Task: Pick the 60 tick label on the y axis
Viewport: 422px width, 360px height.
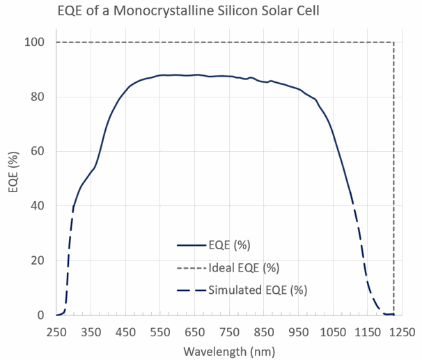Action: [38, 152]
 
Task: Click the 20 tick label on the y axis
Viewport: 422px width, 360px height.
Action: [38, 261]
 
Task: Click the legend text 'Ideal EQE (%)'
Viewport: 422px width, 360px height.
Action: [243, 267]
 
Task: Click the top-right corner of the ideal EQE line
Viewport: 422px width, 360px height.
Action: [394, 42]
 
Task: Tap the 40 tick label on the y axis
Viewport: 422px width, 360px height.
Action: [38, 206]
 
